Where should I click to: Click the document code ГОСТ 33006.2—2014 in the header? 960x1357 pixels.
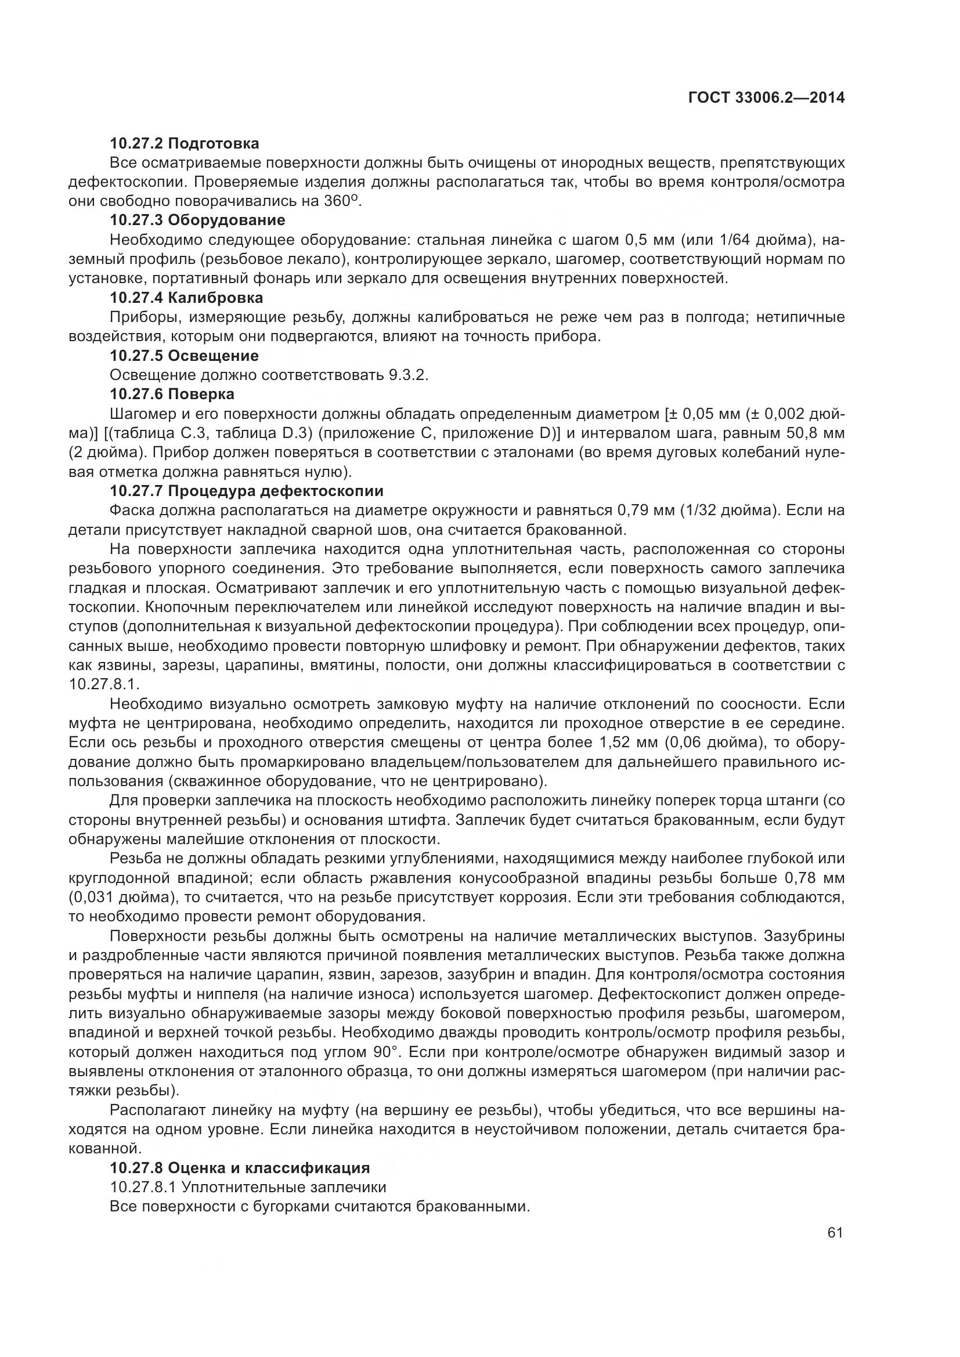[x=766, y=98]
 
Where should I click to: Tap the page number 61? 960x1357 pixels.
[x=835, y=1232]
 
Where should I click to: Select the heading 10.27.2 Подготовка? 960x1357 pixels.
[x=185, y=143]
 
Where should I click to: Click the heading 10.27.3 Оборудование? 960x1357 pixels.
[x=197, y=220]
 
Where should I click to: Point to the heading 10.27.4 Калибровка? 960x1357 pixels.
[x=186, y=297]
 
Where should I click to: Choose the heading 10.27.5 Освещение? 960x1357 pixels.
[x=184, y=356]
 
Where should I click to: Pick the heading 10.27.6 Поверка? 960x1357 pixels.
[x=172, y=393]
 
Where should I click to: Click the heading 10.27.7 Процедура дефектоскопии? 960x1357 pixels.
[x=247, y=491]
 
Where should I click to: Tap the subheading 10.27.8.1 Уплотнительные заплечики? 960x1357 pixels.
[x=248, y=1187]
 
